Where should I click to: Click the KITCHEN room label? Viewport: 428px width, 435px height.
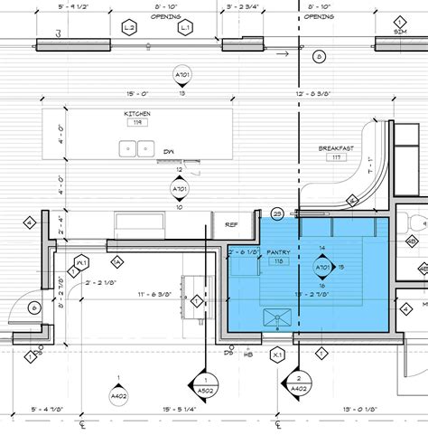coord(137,114)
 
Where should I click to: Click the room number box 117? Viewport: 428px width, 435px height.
coord(338,156)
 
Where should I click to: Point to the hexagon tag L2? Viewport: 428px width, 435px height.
coord(130,28)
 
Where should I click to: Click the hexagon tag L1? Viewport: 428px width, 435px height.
coord(184,28)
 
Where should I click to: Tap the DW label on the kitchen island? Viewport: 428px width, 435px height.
coord(170,152)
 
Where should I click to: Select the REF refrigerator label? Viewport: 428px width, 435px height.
coord(231,225)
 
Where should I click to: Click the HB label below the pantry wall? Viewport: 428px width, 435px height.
coord(247,355)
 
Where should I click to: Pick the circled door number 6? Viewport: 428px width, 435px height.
coord(34,308)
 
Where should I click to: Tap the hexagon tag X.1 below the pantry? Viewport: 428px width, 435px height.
coord(278,355)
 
